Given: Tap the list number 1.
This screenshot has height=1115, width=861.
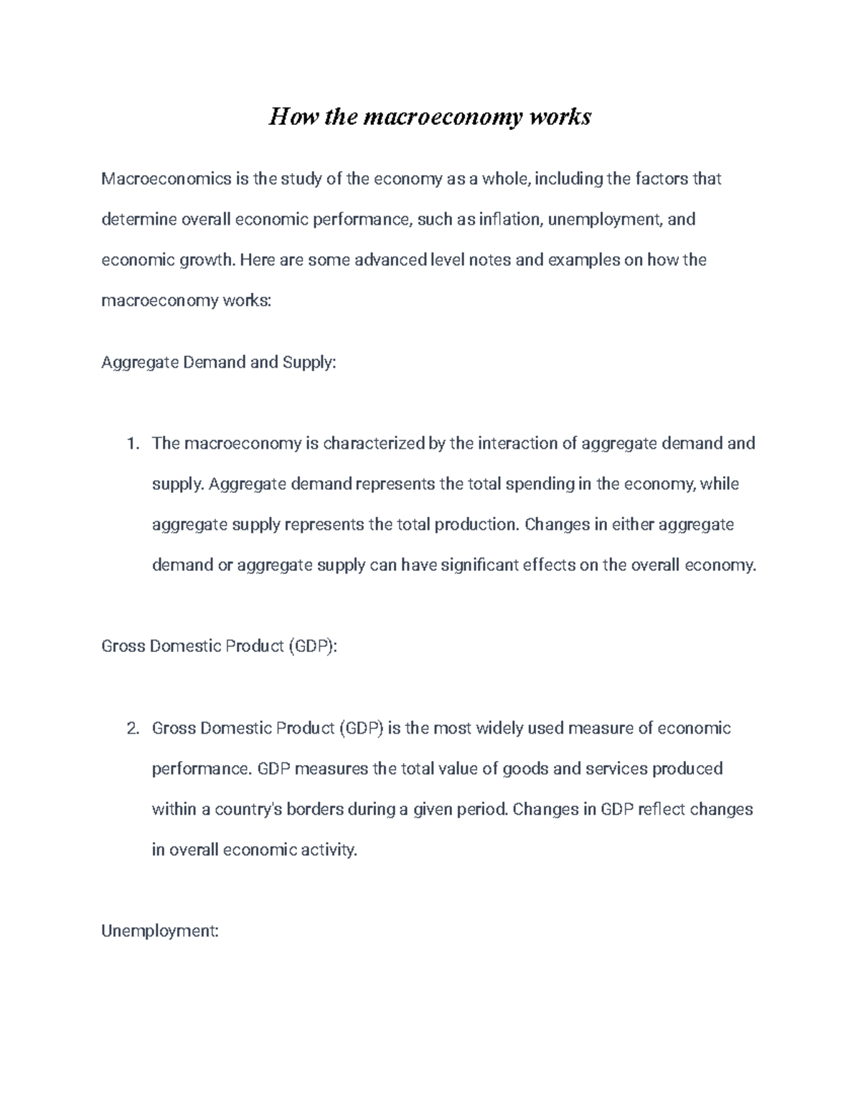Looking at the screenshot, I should [x=132, y=444].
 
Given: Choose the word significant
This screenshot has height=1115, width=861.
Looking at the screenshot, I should [x=479, y=565].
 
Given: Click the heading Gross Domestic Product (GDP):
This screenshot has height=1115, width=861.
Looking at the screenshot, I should [x=219, y=646].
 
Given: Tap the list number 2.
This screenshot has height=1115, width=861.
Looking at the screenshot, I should [x=132, y=729].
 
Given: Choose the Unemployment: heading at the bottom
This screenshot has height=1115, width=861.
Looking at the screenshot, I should [x=159, y=931].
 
